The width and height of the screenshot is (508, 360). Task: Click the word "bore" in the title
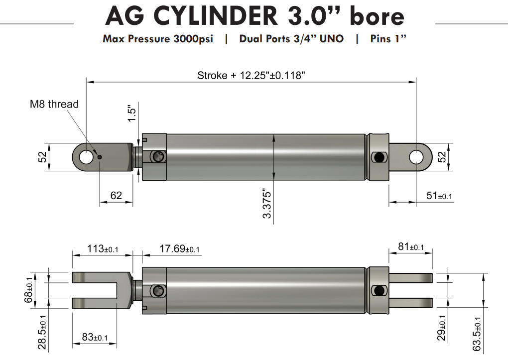point(377,16)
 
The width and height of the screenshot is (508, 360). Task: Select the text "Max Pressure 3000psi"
point(158,39)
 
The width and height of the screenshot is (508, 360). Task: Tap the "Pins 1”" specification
point(388,39)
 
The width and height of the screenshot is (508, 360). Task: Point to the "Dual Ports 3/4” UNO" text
point(291,39)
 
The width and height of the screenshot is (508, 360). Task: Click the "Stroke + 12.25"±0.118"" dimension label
point(251,76)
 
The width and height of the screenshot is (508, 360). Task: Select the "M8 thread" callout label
point(54,104)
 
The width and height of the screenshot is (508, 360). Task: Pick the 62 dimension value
point(116,195)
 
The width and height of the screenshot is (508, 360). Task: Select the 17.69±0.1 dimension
point(179,248)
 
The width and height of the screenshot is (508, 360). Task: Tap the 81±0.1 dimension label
point(411,247)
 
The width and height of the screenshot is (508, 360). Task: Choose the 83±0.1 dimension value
point(94,337)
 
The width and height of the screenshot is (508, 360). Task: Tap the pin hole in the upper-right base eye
point(416,157)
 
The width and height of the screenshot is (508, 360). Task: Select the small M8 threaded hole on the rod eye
point(100,157)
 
